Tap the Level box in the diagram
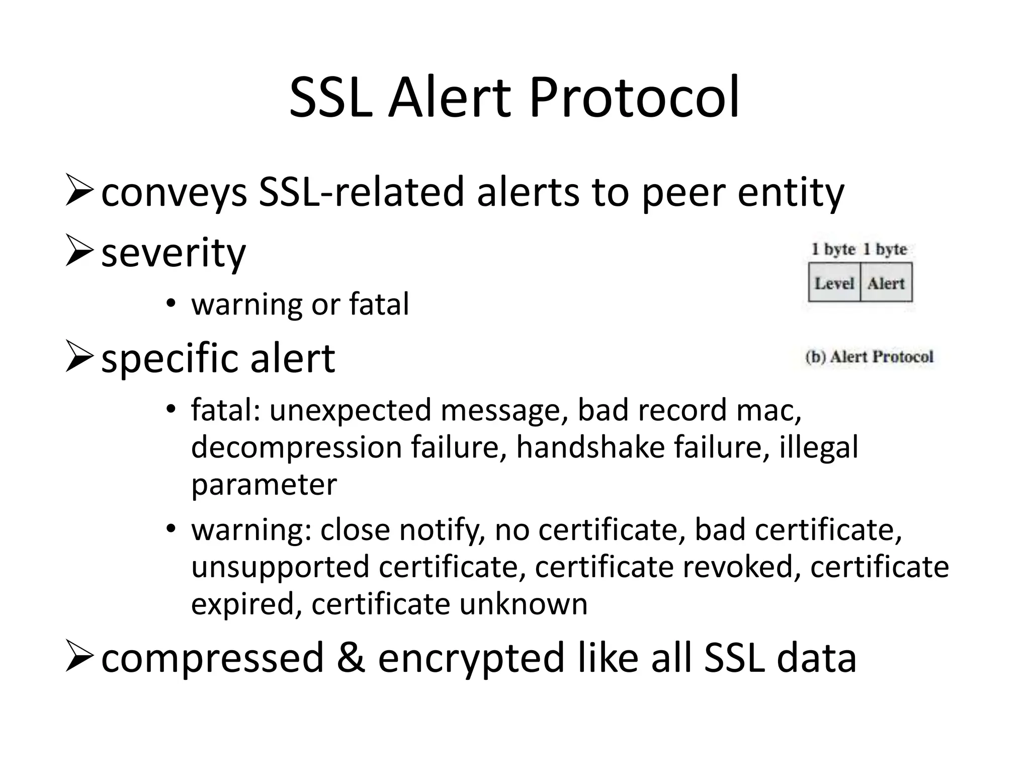[834, 283]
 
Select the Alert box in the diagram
[886, 283]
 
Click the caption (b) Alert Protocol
[869, 357]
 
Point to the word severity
[174, 253]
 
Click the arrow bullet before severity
[79, 253]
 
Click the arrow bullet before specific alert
[79, 358]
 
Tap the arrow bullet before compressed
[79, 657]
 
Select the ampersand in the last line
[351, 657]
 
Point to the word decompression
[296, 448]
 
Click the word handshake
[590, 447]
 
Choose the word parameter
[264, 485]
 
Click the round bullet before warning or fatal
[171, 303]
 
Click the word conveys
[174, 193]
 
